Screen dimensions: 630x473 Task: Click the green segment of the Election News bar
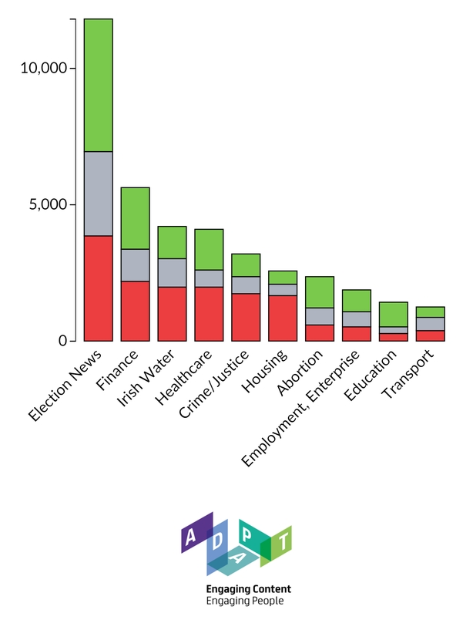pyautogui.click(x=98, y=85)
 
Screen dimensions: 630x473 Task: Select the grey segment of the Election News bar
pyautogui.click(x=98, y=194)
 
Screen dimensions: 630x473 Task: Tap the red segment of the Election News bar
pyautogui.click(x=98, y=288)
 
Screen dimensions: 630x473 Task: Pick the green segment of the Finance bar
pyautogui.click(x=135, y=218)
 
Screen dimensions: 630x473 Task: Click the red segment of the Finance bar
pyautogui.click(x=135, y=311)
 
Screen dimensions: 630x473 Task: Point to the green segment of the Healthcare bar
pyautogui.click(x=209, y=249)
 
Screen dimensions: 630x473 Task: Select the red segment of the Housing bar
pyautogui.click(x=283, y=318)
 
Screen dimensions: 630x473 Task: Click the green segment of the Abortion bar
pyautogui.click(x=320, y=291)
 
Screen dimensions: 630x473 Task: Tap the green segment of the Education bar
pyautogui.click(x=393, y=314)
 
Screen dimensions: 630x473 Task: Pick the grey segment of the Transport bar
pyautogui.click(x=430, y=324)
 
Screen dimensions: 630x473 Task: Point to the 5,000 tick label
pyautogui.click(x=48, y=205)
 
